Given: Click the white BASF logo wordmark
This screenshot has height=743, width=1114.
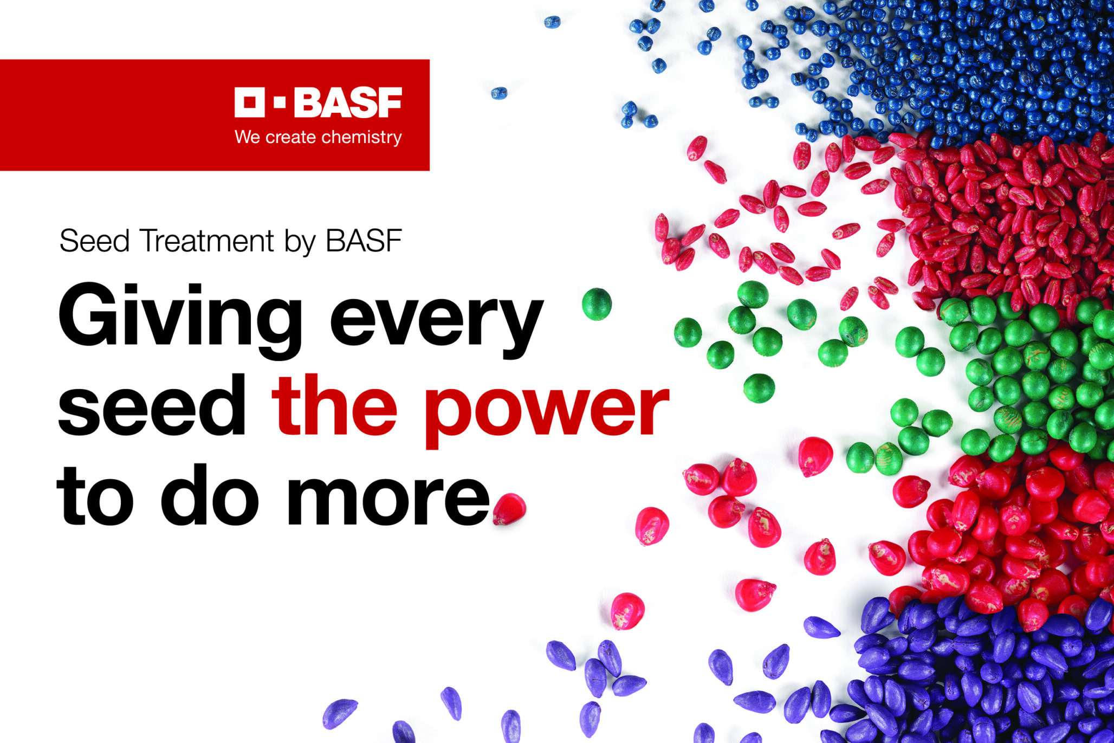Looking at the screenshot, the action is click(348, 102).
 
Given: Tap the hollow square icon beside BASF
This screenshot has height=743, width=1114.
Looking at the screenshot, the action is click(249, 102).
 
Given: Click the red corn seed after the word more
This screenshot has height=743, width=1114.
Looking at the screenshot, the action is click(509, 509).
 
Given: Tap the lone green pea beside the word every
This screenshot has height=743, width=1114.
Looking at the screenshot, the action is click(597, 304).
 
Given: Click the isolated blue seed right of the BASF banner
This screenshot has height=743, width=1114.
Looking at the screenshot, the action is click(499, 93).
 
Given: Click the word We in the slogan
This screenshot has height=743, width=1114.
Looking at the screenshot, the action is click(248, 137).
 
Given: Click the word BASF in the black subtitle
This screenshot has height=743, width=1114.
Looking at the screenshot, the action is click(364, 241).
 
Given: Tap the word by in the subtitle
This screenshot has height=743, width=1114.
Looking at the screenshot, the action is click(300, 242).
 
